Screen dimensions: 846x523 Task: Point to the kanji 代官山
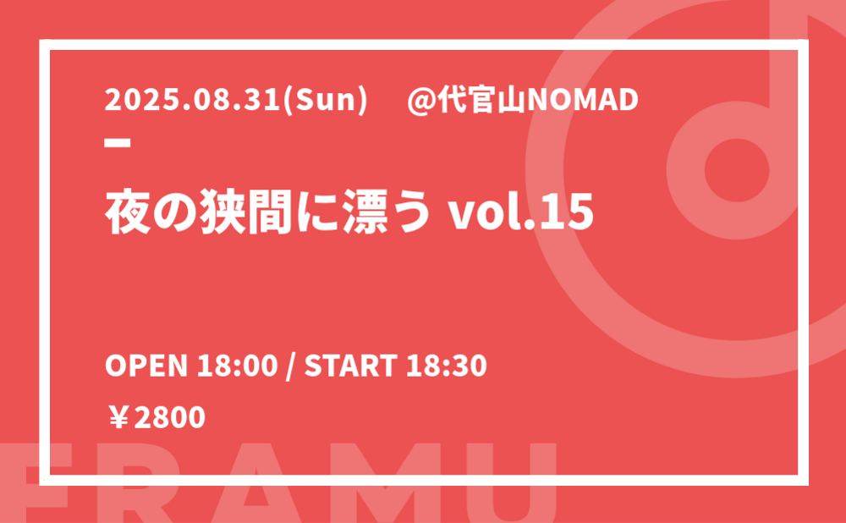coord(482,101)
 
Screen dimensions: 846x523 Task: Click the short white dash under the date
coord(118,143)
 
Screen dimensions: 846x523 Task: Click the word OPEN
coord(146,366)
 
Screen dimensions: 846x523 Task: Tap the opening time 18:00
coord(238,366)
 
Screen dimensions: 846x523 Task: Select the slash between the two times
coord(291,366)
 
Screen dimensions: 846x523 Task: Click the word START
coord(351,366)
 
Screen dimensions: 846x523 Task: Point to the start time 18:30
coord(447,366)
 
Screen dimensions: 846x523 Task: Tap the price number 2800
coord(169,418)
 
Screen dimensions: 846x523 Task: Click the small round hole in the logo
coord(737,169)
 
